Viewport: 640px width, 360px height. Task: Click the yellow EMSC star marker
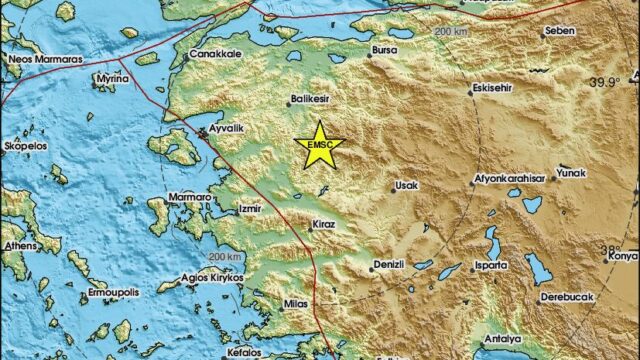(x=320, y=146)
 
